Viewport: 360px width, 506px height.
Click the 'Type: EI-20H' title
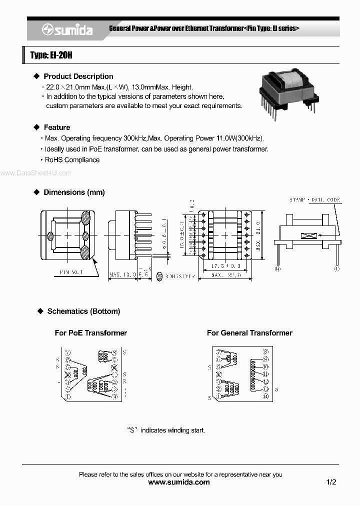[51, 55]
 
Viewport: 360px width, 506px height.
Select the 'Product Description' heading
[78, 76]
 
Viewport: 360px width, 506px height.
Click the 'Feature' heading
[57, 127]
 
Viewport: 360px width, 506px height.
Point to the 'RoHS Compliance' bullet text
[72, 160]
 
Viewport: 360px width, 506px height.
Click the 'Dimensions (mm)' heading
[74, 192]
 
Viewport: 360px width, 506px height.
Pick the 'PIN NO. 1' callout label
[71, 272]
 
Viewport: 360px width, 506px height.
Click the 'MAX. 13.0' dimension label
[122, 275]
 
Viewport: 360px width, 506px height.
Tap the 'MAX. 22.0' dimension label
[226, 275]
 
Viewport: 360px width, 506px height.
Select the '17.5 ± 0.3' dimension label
[225, 266]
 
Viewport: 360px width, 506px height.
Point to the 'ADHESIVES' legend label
[179, 275]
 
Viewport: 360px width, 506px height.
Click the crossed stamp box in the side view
[306, 235]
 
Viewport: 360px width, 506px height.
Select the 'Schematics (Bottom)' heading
[83, 311]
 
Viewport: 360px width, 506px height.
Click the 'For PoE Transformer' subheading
[90, 333]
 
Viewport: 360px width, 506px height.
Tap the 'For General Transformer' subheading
[249, 333]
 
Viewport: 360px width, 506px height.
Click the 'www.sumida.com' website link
[179, 482]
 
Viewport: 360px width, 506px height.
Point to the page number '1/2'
[331, 482]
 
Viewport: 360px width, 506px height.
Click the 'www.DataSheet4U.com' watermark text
[36, 173]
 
